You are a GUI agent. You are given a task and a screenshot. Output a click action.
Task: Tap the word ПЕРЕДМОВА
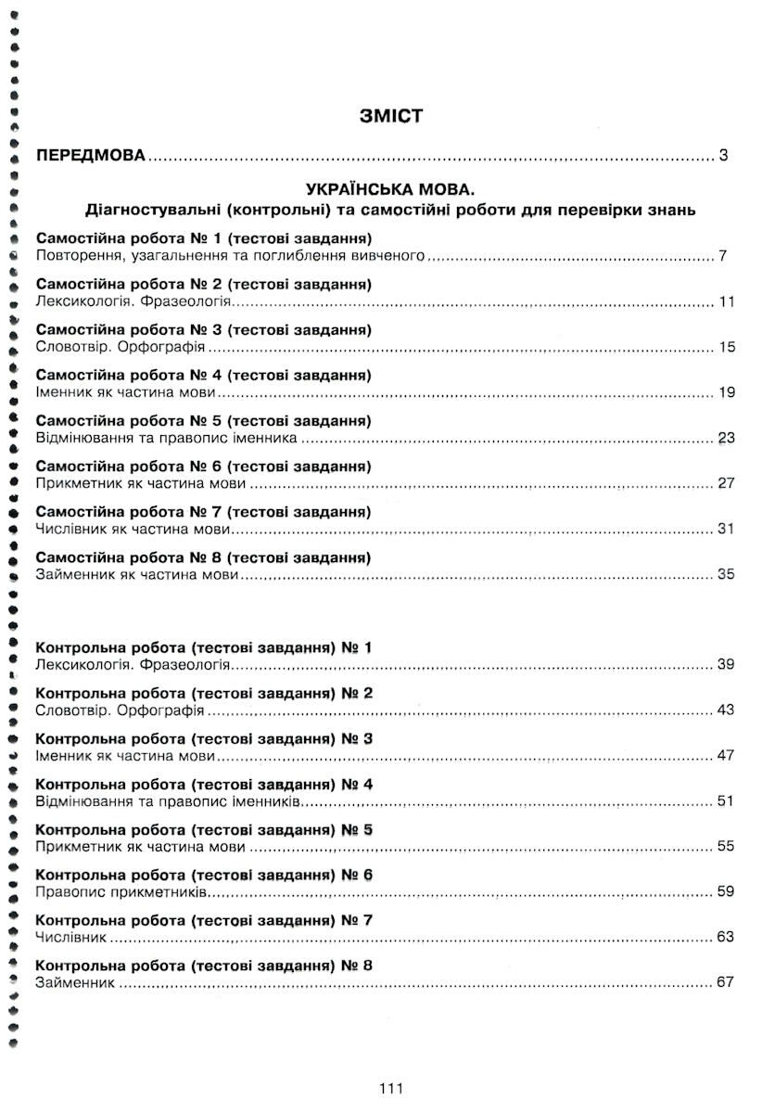(x=90, y=155)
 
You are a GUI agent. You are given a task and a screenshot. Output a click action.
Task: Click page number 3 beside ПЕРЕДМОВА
(x=723, y=155)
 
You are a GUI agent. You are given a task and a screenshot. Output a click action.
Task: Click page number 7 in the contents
(x=723, y=256)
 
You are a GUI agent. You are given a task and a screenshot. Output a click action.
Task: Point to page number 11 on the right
(x=726, y=302)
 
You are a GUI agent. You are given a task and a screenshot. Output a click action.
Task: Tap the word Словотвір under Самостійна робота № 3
(x=70, y=348)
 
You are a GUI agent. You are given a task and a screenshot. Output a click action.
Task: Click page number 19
(x=726, y=393)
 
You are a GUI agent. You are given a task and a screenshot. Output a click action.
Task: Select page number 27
(x=726, y=484)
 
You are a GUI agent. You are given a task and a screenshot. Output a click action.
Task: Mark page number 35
(x=726, y=575)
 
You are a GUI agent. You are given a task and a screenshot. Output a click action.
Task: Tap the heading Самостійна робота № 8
(x=203, y=558)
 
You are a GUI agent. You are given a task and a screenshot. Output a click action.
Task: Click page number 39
(x=726, y=666)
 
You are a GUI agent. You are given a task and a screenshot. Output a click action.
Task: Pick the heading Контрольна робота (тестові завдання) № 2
(x=203, y=694)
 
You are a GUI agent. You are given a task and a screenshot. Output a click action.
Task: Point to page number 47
(x=726, y=756)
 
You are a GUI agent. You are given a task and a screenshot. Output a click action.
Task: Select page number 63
(x=726, y=938)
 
